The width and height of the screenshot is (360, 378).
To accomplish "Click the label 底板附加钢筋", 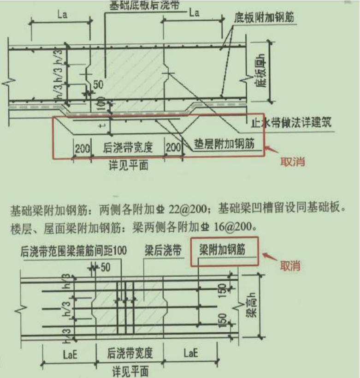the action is pos(265,18).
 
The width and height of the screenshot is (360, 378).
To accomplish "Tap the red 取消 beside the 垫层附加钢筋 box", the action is pos(293,162).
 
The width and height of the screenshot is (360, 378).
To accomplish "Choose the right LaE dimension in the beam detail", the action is pos(190,354).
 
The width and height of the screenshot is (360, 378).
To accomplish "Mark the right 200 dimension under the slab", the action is pos(173,149).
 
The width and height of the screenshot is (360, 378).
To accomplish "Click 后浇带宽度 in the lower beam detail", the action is pos(130,354).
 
